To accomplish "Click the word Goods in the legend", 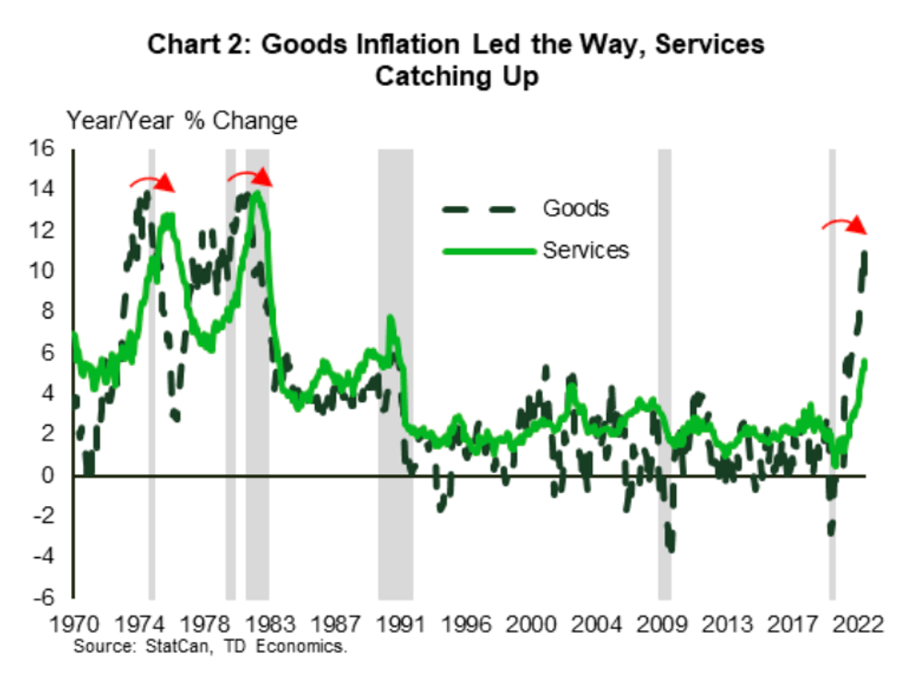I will click(576, 208).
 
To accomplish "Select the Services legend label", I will click(586, 250).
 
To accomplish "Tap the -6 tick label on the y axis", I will click(42, 599).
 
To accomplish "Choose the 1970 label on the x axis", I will click(71, 623).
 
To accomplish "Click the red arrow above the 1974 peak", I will click(153, 180).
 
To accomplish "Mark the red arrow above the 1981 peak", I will click(251, 176).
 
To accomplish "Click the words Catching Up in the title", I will click(456, 77).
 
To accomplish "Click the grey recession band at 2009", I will click(664, 369).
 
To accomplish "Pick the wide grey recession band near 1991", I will click(394, 369).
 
